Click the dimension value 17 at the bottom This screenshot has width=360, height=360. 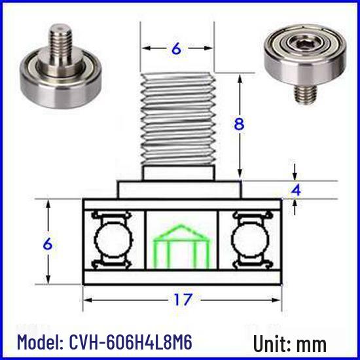pyautogui.click(x=183, y=299)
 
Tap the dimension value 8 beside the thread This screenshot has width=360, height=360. pyautogui.click(x=239, y=124)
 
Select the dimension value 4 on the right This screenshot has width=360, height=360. pyautogui.click(x=296, y=190)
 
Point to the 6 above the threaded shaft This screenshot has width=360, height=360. pyautogui.click(x=176, y=48)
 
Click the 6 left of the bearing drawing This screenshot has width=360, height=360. pyautogui.click(x=48, y=243)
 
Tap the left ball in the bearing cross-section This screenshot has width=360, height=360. pyautogui.click(x=114, y=240)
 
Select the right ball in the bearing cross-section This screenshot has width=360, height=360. pyautogui.click(x=250, y=240)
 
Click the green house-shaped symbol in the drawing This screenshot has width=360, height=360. pyautogui.click(x=181, y=246)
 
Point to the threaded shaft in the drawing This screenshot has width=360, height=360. pyautogui.click(x=178, y=119)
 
